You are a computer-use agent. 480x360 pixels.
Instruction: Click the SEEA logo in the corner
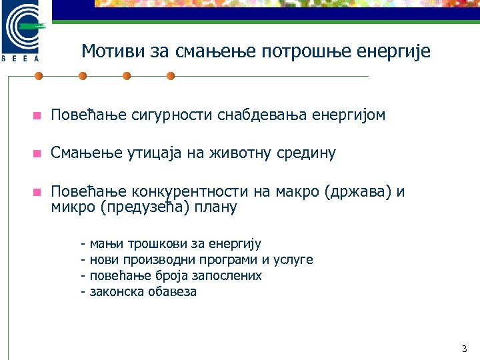(x=24, y=31)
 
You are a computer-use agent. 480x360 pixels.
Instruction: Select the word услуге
(x=293, y=260)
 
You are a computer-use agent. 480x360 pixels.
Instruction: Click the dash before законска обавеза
(x=82, y=291)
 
